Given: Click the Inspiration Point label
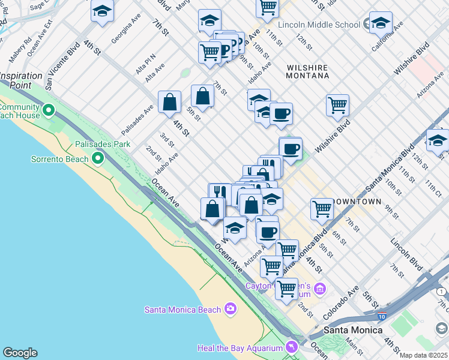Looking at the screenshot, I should click(x=22, y=80).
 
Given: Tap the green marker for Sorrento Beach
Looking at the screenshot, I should click(x=98, y=159).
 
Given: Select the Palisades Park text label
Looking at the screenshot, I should click(x=103, y=145).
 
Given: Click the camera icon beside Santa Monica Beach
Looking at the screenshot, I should click(x=230, y=309).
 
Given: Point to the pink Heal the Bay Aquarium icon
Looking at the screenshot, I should click(x=291, y=347).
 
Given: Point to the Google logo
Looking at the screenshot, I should click(x=20, y=353).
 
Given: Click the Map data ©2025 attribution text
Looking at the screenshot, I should click(x=423, y=355).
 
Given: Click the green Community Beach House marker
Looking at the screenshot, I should click(x=49, y=110).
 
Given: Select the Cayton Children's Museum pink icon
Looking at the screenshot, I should click(x=319, y=290).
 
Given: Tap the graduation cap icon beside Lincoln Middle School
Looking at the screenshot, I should click(x=380, y=24).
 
